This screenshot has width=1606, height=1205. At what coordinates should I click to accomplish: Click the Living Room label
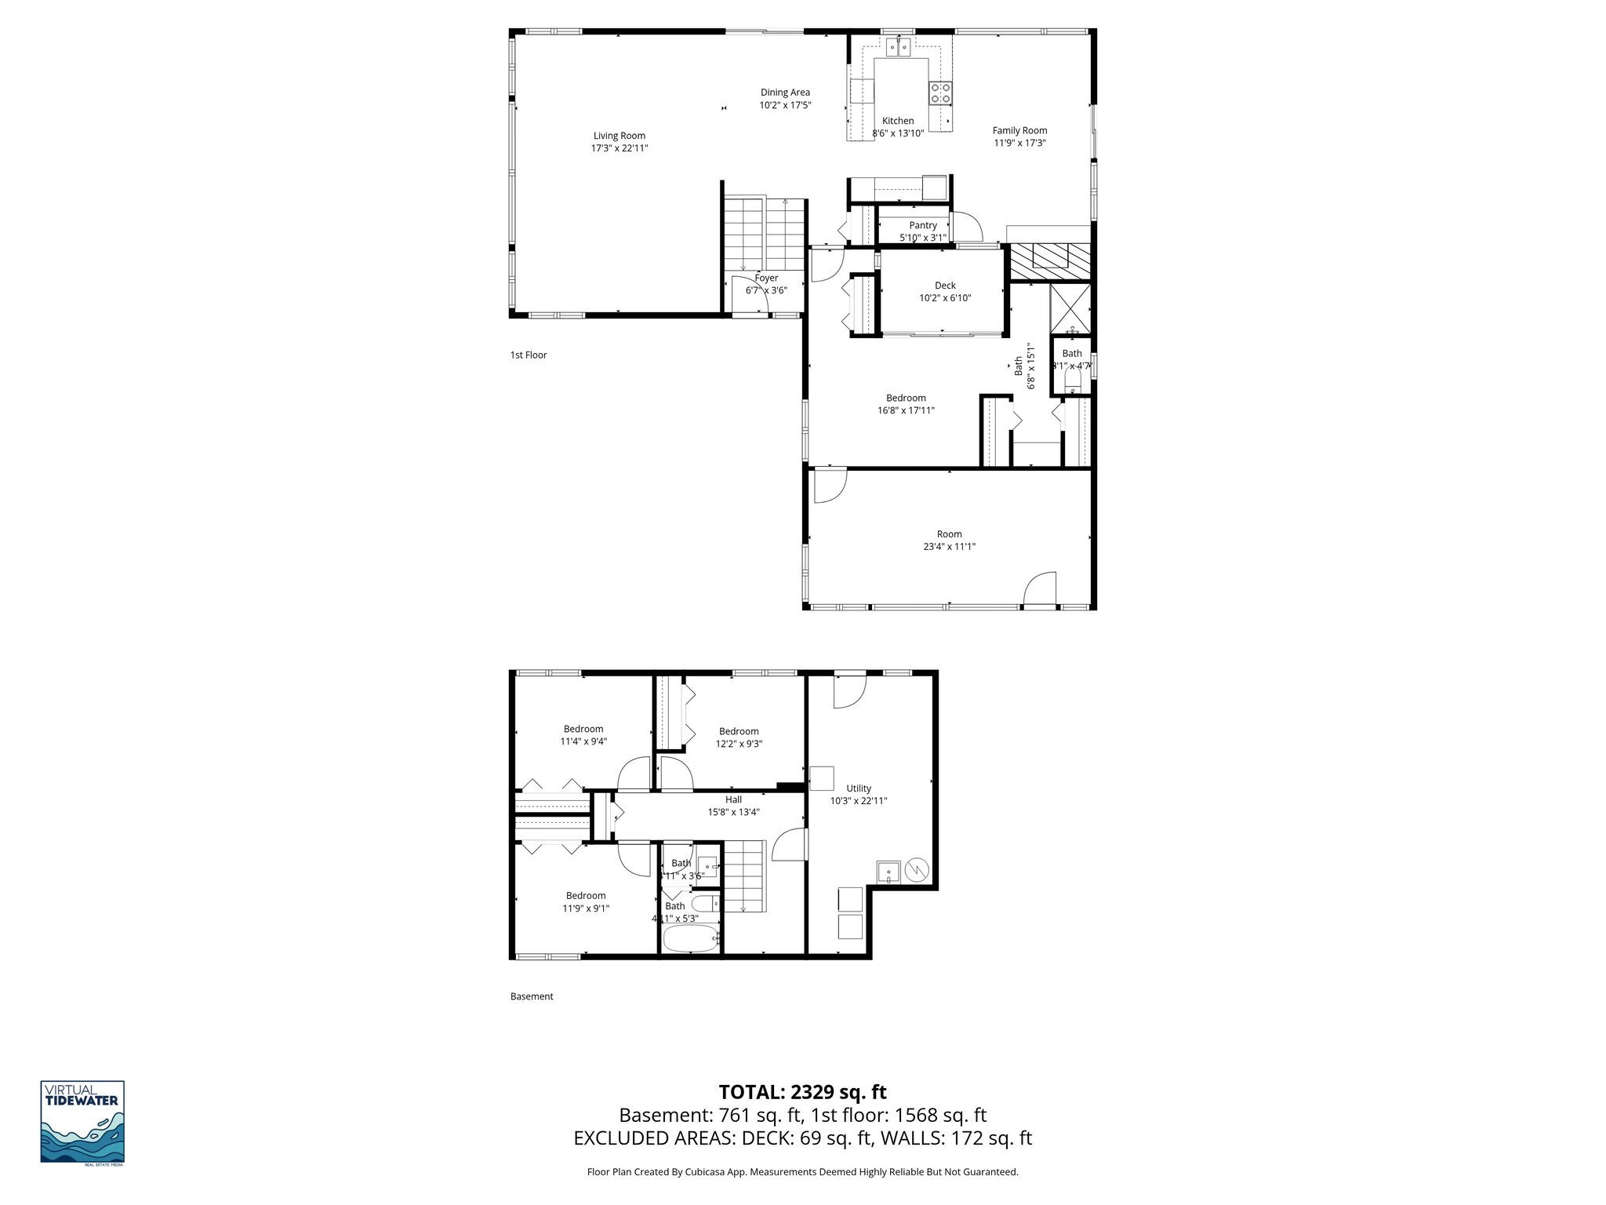[x=619, y=136]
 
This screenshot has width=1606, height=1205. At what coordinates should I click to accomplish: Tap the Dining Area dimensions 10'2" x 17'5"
[x=785, y=105]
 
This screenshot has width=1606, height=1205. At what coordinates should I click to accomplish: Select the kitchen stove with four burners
[x=940, y=93]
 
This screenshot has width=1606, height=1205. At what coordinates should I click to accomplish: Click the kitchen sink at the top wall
[x=899, y=48]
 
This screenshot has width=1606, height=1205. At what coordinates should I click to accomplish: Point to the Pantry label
[x=923, y=225]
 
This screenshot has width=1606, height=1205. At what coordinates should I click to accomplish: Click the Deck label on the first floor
[x=945, y=286]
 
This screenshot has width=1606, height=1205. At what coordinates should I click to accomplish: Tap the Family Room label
[x=1019, y=131]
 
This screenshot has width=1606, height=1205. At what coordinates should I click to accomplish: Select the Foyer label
[x=766, y=278]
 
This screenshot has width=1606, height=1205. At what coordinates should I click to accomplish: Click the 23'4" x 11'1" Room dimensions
[x=949, y=547]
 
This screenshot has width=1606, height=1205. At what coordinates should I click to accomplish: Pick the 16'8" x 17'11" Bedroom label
[x=906, y=398]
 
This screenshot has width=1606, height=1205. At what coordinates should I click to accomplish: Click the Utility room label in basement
[x=859, y=788]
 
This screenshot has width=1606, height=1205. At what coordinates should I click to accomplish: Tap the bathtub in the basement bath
[x=691, y=938]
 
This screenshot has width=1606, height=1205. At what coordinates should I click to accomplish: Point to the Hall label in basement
[x=733, y=799]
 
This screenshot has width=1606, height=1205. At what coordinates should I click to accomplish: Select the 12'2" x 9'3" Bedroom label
[x=739, y=731]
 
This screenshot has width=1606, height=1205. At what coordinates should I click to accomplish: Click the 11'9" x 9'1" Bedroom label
[x=586, y=895]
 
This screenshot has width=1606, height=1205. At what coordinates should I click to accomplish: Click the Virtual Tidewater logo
[x=82, y=1122]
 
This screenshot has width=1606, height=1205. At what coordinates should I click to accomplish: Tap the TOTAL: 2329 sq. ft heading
[x=802, y=1092]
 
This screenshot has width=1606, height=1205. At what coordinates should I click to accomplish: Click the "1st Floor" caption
[x=529, y=355]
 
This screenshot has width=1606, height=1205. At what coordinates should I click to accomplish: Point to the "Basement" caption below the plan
[x=532, y=996]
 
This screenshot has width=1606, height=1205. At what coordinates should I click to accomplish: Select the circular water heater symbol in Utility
[x=917, y=869]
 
